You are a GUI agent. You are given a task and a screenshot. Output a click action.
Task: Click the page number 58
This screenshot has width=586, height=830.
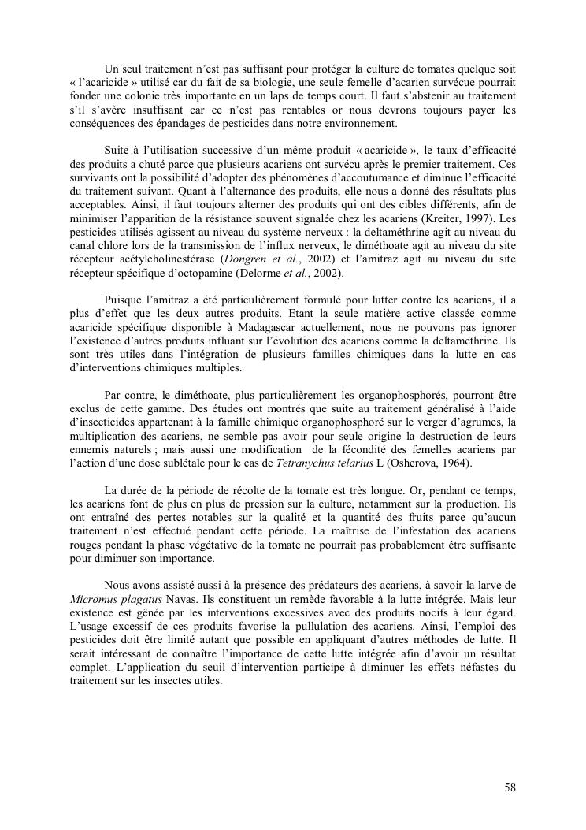[510, 787]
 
